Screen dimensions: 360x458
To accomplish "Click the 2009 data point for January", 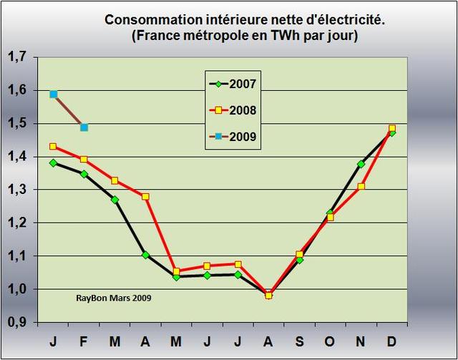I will (54, 94).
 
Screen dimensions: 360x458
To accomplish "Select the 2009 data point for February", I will (84, 127).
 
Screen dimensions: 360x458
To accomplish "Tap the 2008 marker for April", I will (146, 196).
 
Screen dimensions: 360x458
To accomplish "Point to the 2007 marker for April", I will (146, 255).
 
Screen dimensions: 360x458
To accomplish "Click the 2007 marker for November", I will (361, 164).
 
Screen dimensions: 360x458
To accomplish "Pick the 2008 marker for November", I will (361, 186).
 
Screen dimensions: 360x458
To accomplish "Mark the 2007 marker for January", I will (54, 163).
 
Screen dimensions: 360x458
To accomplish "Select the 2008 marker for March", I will (115, 180).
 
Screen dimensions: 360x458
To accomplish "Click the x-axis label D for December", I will (391, 340).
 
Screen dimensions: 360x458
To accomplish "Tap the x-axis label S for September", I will (299, 340).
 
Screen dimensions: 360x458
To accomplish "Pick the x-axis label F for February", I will (84, 340).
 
